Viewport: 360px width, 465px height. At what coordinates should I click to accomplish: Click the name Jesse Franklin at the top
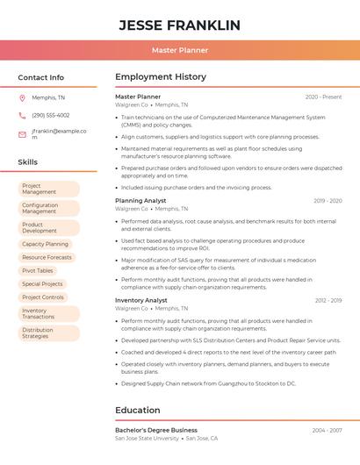click(179, 25)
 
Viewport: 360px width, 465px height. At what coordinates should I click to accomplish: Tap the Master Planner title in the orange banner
click(179, 51)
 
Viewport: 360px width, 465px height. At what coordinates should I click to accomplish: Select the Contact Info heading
click(40, 77)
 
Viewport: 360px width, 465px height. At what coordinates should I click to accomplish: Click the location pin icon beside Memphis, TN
click(22, 97)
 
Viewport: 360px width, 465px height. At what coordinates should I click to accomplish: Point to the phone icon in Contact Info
click(22, 115)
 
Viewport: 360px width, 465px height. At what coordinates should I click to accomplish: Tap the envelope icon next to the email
click(22, 134)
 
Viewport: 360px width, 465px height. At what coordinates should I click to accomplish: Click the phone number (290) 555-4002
click(50, 115)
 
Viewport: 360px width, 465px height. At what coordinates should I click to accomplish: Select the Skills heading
click(27, 162)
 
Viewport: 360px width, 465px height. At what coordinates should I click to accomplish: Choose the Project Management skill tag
click(49, 189)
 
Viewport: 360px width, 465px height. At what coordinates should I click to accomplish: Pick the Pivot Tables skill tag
click(39, 270)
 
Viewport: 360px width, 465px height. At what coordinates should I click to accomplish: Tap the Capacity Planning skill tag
click(46, 244)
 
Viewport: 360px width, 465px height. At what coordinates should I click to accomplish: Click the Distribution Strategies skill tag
click(49, 333)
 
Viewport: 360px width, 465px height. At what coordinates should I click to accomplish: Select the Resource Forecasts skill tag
click(47, 257)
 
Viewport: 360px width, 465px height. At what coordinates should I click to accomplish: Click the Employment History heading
click(160, 77)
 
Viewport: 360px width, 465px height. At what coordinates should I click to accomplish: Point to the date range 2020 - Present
click(323, 97)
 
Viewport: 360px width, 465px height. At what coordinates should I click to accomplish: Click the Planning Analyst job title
click(140, 200)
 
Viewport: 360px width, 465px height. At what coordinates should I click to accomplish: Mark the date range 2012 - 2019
click(328, 300)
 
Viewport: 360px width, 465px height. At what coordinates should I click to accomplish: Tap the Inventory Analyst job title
click(140, 300)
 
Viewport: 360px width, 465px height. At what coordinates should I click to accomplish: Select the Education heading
click(137, 410)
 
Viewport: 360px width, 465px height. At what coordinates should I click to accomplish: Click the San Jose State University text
click(146, 438)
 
